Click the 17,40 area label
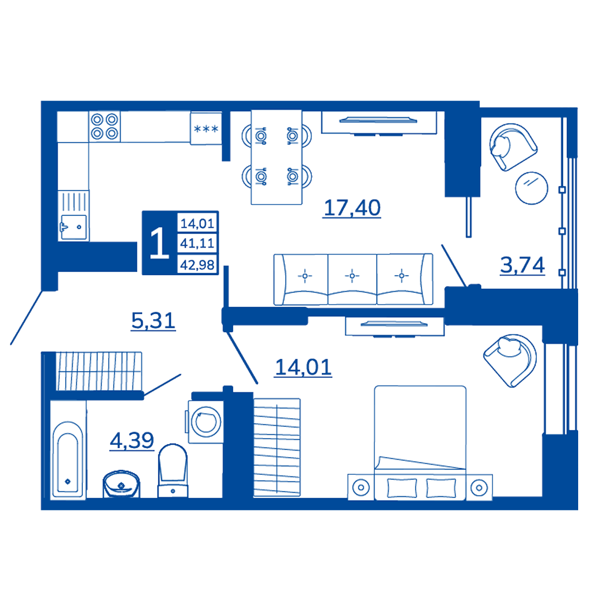click(x=352, y=208)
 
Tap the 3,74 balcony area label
click(x=523, y=265)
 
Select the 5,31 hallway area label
click(x=153, y=321)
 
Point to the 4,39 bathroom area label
click(x=132, y=441)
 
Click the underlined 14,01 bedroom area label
click(x=303, y=368)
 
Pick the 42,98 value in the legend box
click(x=197, y=265)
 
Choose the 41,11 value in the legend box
click(x=197, y=243)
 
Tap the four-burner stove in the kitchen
click(x=104, y=127)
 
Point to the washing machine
click(x=205, y=422)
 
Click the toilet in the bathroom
click(x=173, y=470)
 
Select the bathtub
click(x=68, y=459)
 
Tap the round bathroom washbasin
click(x=121, y=484)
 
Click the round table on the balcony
click(x=531, y=188)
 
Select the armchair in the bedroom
click(x=510, y=360)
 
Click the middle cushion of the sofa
click(x=352, y=279)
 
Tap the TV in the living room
click(x=378, y=121)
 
